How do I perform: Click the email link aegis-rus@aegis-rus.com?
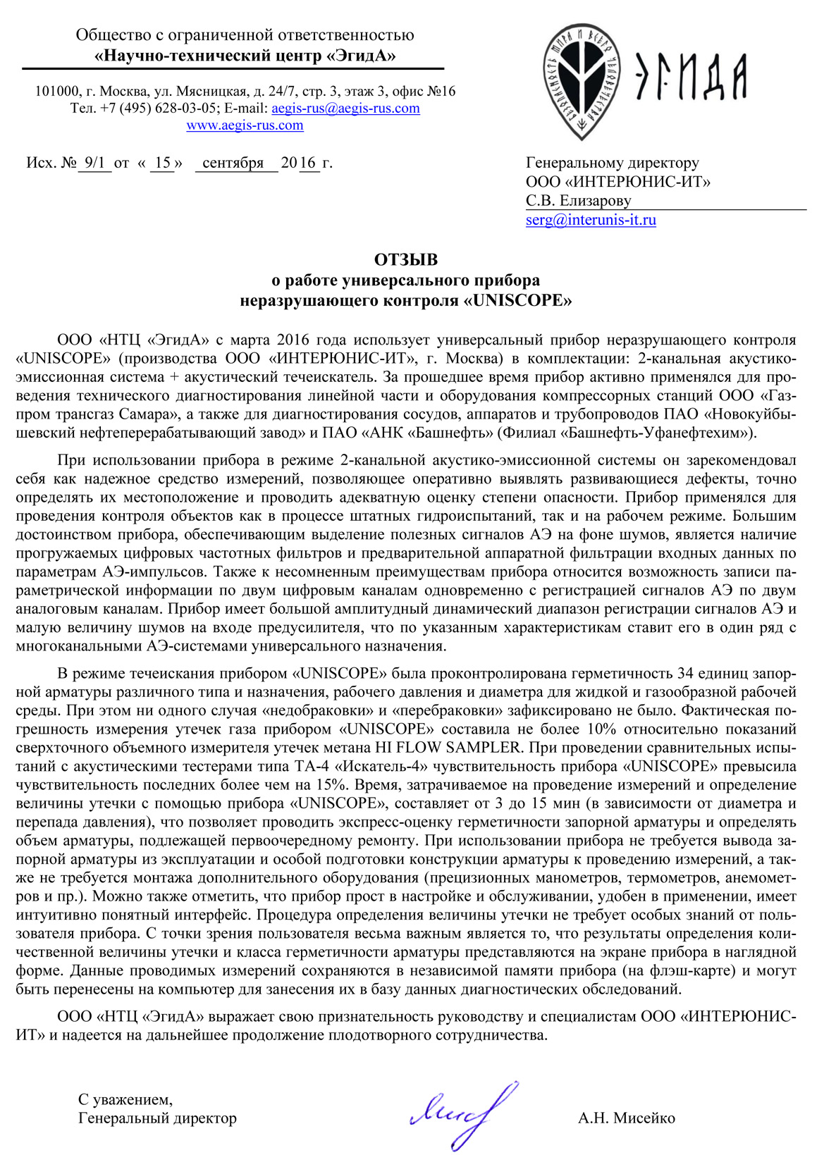tap(345, 109)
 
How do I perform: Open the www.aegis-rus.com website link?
tap(245, 125)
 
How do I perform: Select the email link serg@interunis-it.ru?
tap(591, 220)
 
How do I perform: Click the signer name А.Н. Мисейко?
tap(626, 1118)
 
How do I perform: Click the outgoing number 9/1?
tap(94, 163)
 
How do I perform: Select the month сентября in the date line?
tap(233, 163)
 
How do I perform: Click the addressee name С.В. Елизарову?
tap(579, 201)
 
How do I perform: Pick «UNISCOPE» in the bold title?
tap(518, 301)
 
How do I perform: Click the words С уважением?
tap(125, 1099)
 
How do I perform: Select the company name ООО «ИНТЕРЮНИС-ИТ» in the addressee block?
tap(618, 182)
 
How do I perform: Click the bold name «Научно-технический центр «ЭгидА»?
tap(245, 56)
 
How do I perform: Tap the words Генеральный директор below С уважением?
tap(158, 1118)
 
